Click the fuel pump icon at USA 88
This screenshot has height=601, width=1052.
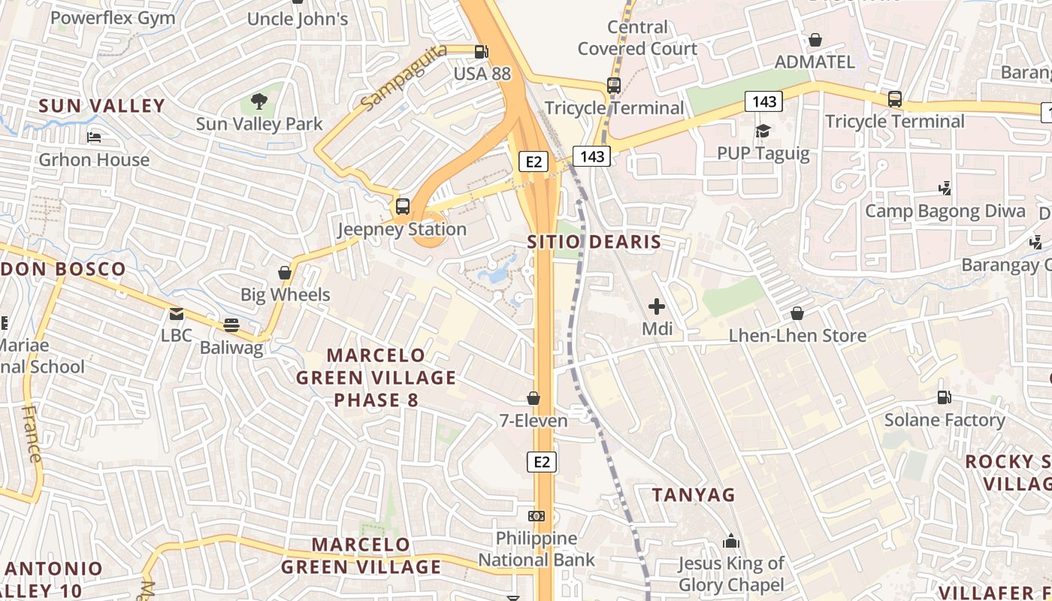(x=481, y=52)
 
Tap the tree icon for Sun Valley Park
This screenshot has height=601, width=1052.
(x=258, y=101)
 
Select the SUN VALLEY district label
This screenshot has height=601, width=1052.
(x=101, y=106)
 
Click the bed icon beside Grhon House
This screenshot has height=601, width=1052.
(x=94, y=137)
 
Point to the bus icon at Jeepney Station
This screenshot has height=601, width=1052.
(x=403, y=206)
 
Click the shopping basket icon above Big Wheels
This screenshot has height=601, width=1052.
(x=285, y=272)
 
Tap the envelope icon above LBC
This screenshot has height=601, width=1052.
(x=177, y=313)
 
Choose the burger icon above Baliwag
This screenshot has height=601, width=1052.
(x=231, y=325)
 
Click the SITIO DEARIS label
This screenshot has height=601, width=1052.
(x=594, y=242)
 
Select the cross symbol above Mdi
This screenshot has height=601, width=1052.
(x=657, y=306)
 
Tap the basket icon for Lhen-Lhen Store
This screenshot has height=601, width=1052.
(x=797, y=313)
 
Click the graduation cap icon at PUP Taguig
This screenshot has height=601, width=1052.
(x=763, y=131)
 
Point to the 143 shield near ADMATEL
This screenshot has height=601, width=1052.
(x=763, y=101)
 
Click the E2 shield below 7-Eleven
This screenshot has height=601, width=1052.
(x=541, y=461)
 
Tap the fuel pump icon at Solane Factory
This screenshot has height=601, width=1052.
(x=944, y=397)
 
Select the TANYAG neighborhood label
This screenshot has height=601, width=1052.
(x=694, y=495)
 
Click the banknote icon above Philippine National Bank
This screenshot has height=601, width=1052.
(x=537, y=516)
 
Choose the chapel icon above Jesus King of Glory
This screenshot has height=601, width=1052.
(x=730, y=541)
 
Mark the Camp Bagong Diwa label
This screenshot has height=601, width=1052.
(x=945, y=211)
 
